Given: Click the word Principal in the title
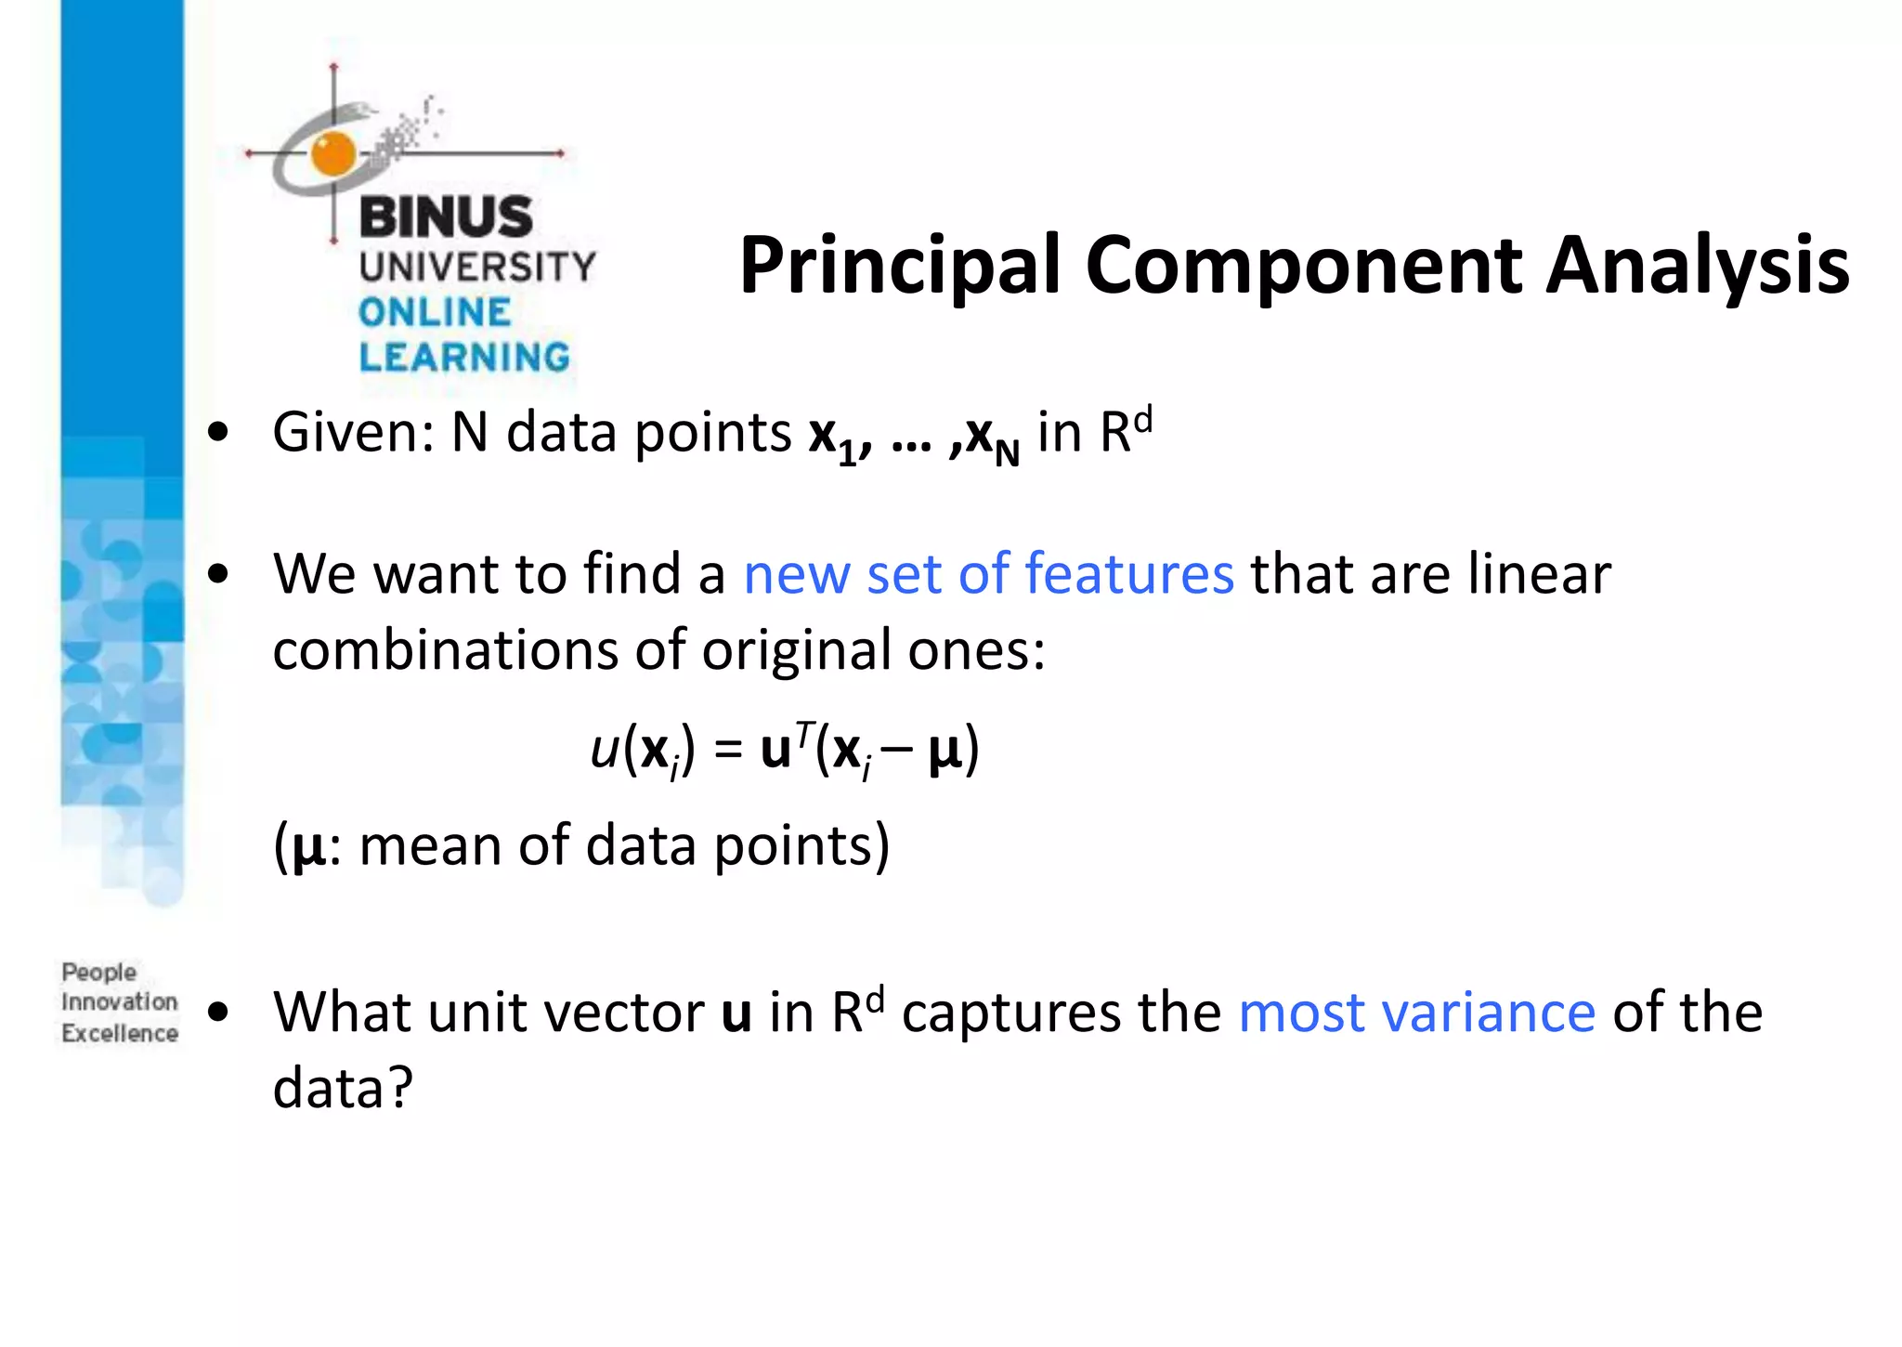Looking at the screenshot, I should [899, 267].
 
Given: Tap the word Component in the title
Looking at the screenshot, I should [1302, 267].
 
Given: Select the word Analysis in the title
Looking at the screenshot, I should [1697, 267].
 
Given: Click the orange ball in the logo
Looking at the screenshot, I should [333, 153].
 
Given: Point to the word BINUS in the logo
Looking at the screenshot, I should [446, 216].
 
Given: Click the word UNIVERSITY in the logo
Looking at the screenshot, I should [477, 267].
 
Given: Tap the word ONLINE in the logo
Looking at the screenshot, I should [435, 312].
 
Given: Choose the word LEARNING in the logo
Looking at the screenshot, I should [464, 357].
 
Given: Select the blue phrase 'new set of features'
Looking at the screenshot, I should [989, 573].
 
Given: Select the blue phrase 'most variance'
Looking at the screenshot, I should [1416, 1012].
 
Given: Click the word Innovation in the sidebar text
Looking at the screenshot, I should [120, 1002].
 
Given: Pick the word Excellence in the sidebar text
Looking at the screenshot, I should [120, 1033].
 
